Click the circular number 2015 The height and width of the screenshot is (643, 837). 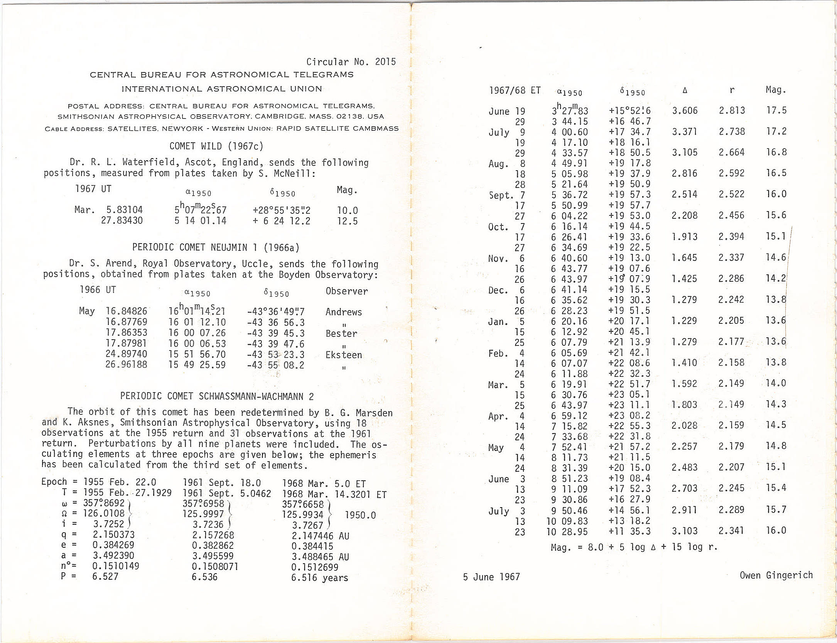pos(385,62)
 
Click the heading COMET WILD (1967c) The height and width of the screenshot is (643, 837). pos(216,146)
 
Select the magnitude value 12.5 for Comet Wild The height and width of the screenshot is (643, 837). pos(347,221)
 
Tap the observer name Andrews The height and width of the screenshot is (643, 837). pos(344,312)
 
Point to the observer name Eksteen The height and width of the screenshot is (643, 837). pos(344,355)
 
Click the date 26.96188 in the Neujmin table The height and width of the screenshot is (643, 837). pos(126,365)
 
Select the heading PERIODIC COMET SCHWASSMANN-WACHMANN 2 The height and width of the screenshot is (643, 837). pos(217,396)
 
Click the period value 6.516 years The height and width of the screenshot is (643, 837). pos(319,578)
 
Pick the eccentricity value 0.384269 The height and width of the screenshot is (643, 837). pos(113,545)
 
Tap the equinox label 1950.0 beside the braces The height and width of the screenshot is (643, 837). pos(360,515)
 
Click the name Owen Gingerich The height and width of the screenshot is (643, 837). pos(776,575)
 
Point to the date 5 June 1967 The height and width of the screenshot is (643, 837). pos(491,577)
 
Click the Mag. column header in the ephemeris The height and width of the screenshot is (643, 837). pos(776,90)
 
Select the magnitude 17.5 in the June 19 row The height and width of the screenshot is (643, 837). pos(776,110)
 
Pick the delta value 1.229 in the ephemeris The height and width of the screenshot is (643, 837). pos(684,321)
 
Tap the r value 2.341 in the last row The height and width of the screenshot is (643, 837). pos(731,531)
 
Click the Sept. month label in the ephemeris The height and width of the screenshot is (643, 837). pos(501,195)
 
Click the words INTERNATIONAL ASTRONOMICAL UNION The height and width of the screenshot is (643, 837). pos(222,89)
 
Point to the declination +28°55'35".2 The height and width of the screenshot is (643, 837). pos(281,210)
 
